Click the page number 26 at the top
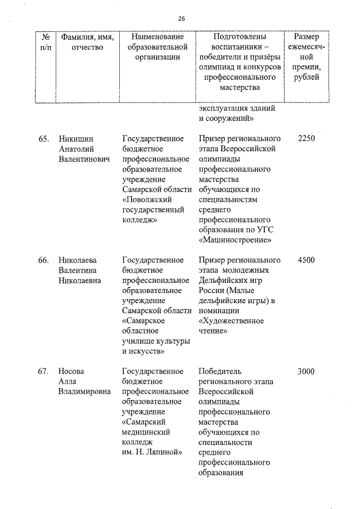point(182,19)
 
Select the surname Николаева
point(78,260)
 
